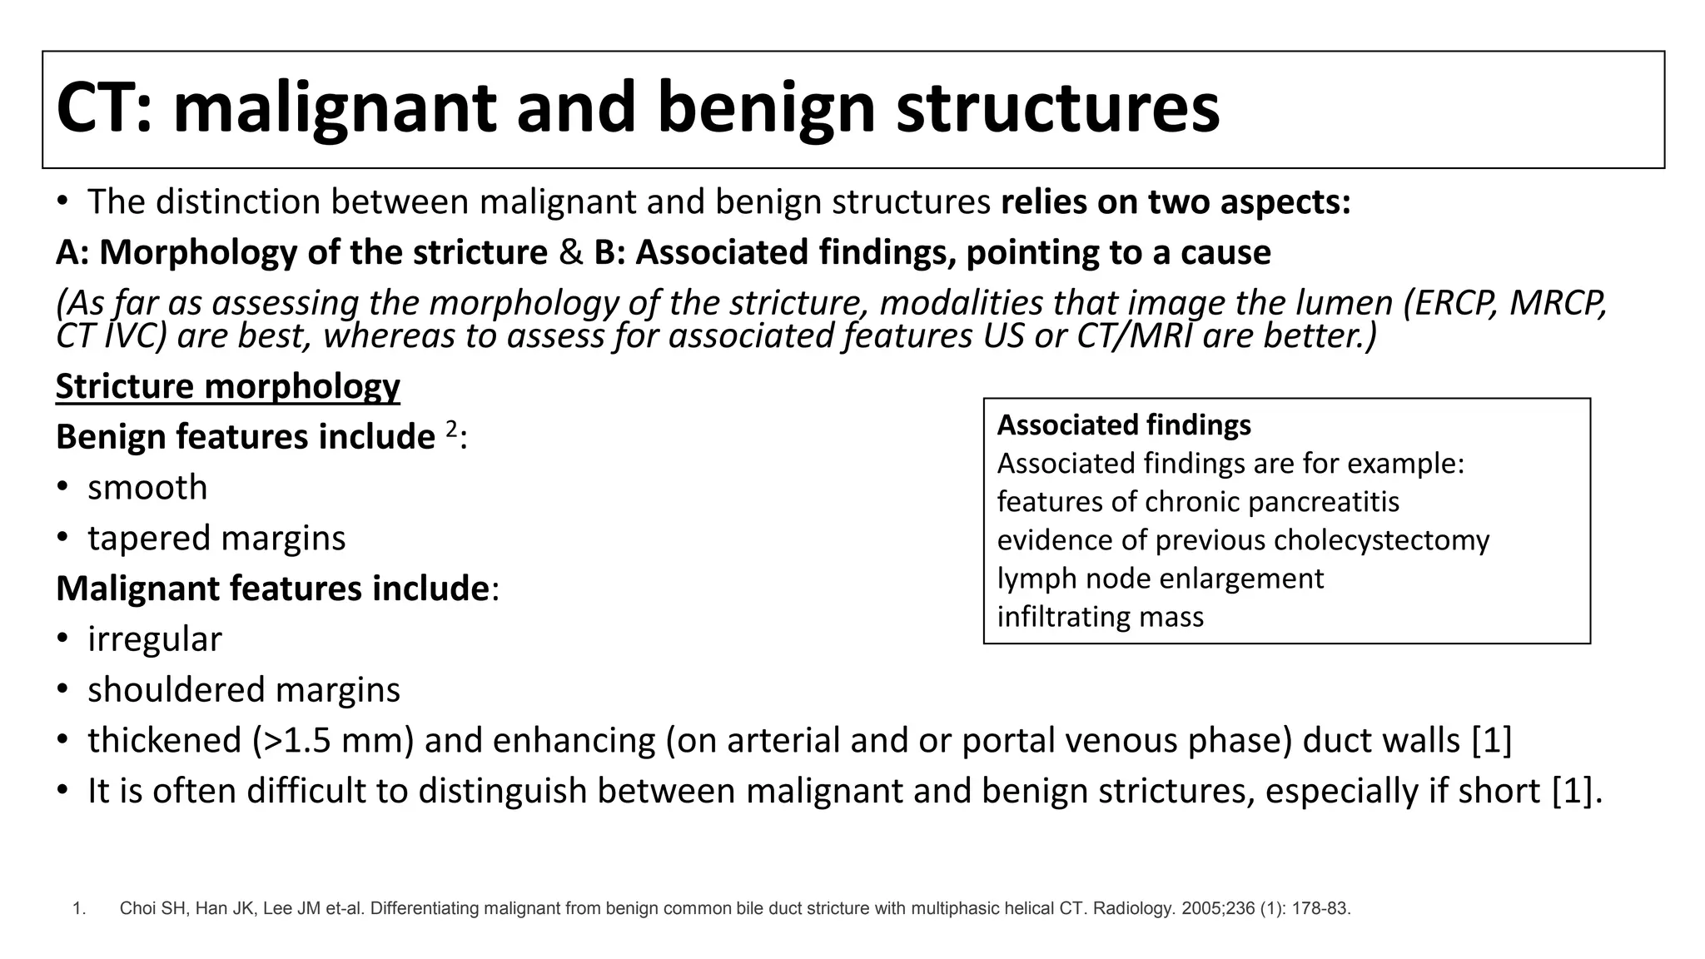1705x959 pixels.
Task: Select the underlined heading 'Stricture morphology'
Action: [x=227, y=386]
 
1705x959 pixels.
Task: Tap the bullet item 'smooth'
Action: [x=147, y=487]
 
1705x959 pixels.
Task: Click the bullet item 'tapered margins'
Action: [x=216, y=538]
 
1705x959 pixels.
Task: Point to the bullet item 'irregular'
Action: [x=155, y=639]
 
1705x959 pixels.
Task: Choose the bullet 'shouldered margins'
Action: [x=244, y=690]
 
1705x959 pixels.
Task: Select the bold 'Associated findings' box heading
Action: [x=1123, y=425]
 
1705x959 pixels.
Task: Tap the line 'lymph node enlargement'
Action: [x=1160, y=579]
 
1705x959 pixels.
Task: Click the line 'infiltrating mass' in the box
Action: [x=1100, y=617]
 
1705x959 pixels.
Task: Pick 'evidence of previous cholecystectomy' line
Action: [x=1243, y=540]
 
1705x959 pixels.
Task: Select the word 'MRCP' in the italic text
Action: [x=1556, y=303]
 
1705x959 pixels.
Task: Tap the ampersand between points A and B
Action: [x=570, y=253]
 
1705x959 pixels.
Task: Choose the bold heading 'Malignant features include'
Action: [x=272, y=589]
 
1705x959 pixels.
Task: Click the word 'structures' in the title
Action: [x=1057, y=108]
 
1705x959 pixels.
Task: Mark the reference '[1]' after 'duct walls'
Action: [x=1491, y=740]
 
